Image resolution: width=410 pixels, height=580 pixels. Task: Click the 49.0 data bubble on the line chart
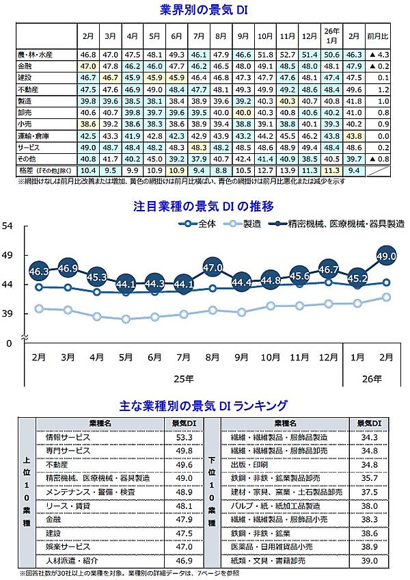coord(386,256)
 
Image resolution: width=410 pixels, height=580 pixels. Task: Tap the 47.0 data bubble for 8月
coord(213,267)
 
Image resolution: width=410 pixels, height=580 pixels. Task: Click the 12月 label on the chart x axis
coord(328,357)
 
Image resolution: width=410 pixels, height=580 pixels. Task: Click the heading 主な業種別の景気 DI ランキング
coord(203,405)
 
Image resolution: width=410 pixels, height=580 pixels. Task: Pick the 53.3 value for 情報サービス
coord(184,436)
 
